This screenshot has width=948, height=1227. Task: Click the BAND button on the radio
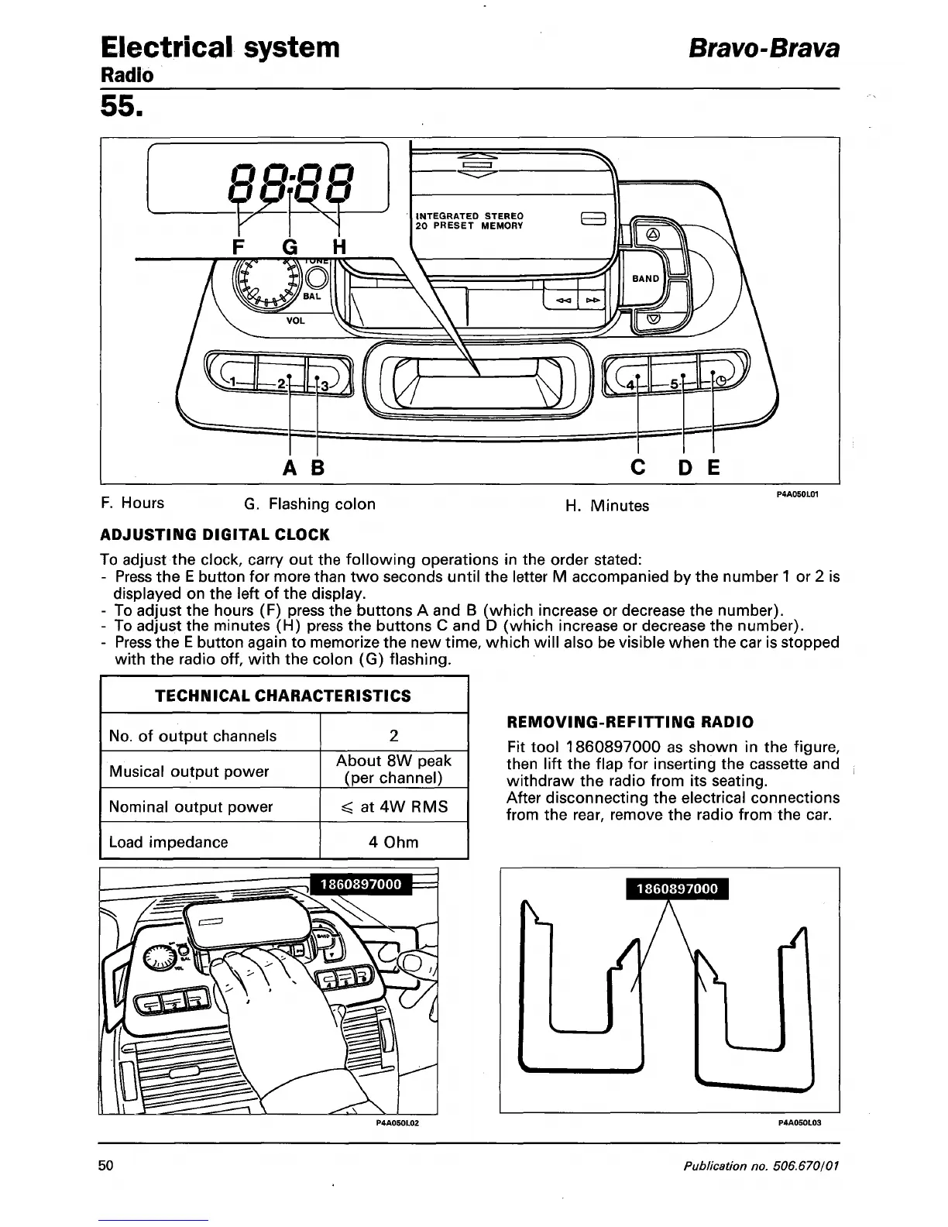(x=646, y=279)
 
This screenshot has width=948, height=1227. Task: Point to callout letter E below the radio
(x=713, y=468)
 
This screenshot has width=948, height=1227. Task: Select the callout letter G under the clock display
(x=290, y=248)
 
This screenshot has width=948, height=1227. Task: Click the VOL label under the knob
(x=295, y=320)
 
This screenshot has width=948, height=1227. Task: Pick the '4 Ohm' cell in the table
(x=393, y=842)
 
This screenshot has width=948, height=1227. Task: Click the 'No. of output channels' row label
(x=193, y=736)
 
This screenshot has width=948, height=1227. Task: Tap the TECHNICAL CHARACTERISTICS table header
(x=283, y=696)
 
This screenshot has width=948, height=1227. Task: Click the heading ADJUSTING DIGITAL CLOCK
(x=215, y=534)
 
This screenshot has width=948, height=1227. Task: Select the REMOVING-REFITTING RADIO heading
(x=630, y=722)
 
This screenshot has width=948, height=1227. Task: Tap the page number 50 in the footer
(x=107, y=1166)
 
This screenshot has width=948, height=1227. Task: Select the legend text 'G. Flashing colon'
(x=310, y=504)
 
